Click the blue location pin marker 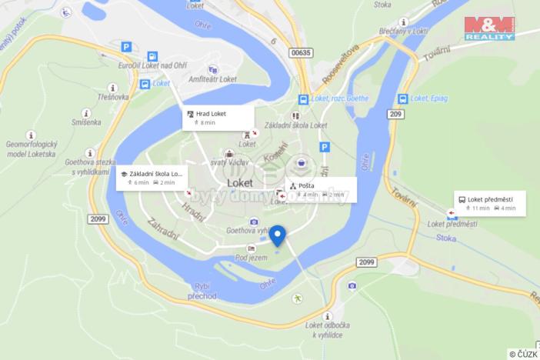pyautogui.click(x=278, y=234)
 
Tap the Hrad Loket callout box pyautogui.click(x=218, y=118)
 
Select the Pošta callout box pyautogui.click(x=321, y=189)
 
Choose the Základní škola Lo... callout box pyautogui.click(x=152, y=178)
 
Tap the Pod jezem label pyautogui.click(x=252, y=257)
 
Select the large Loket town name pyautogui.click(x=245, y=183)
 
